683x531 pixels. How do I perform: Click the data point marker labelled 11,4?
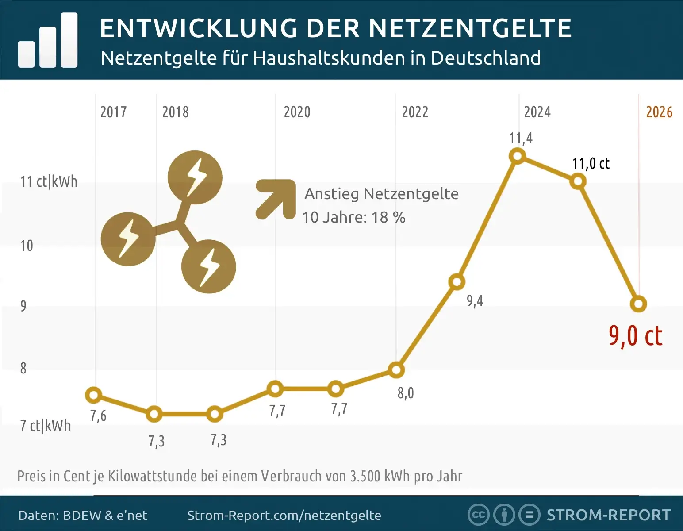coord(517,156)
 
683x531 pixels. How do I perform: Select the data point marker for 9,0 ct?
coord(638,304)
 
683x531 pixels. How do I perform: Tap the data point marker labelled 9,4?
coord(457,282)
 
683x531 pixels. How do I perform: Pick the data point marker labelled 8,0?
coord(396,370)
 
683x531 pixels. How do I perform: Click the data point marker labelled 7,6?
coord(93,395)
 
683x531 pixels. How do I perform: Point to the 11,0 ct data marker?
coord(578,181)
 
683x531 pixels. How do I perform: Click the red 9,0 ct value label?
coord(635,336)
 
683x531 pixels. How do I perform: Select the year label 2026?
coord(659,112)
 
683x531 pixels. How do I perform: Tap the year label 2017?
coord(113,112)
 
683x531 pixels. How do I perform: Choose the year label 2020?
coord(297,112)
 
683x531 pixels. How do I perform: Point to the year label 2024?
coord(537,112)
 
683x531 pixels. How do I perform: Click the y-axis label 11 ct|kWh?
coord(49,181)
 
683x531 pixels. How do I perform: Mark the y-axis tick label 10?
coord(27,246)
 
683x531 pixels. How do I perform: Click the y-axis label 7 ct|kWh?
coord(46,426)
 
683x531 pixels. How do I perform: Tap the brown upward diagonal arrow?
coord(276,199)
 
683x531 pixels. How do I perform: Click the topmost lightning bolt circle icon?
coord(195,177)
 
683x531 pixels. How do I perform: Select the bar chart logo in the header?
coord(48,41)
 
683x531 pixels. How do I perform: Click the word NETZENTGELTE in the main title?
coord(470,28)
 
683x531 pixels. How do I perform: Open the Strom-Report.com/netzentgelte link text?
coord(284,516)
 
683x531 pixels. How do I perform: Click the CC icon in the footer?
coord(478,515)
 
